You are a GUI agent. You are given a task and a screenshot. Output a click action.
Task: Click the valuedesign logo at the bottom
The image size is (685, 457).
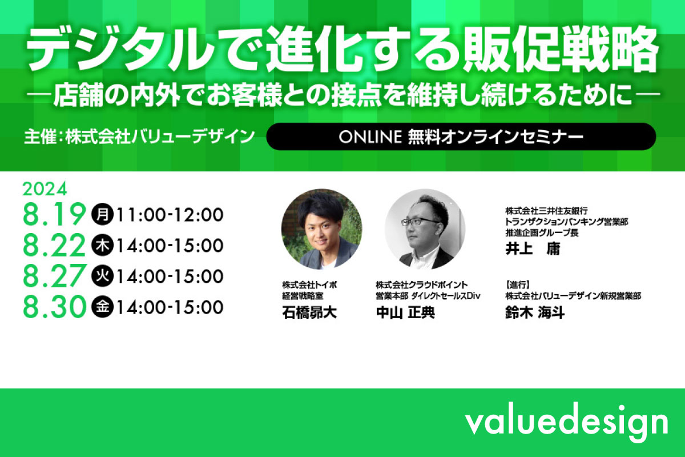click(566, 422)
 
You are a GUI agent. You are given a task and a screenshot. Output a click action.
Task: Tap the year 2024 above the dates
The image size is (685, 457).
click(45, 189)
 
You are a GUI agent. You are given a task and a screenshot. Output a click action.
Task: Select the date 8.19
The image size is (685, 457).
click(54, 214)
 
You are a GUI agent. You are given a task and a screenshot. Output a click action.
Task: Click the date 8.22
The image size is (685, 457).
click(54, 245)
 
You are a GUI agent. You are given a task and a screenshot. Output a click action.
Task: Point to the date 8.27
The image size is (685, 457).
click(54, 276)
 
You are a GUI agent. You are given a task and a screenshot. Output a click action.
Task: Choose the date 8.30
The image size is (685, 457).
click(54, 307)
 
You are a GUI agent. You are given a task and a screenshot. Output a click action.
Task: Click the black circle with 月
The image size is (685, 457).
click(102, 214)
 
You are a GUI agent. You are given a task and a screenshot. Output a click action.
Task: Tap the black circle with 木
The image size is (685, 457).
click(102, 245)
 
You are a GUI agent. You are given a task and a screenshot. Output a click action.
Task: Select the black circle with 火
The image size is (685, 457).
click(102, 276)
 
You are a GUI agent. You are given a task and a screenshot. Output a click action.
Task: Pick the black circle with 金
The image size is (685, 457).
click(102, 307)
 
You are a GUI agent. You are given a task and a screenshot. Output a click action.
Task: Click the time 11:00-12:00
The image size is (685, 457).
click(170, 215)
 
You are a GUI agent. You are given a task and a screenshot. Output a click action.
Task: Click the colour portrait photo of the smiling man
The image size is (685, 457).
click(321, 229)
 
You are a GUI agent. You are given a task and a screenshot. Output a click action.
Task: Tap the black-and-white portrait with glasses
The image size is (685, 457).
click(425, 229)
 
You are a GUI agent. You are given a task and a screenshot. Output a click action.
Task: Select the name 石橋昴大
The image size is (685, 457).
click(309, 312)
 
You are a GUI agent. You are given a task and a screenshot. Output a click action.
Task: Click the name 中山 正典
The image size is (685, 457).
click(405, 312)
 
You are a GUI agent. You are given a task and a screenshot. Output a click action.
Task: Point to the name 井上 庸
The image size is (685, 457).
click(533, 248)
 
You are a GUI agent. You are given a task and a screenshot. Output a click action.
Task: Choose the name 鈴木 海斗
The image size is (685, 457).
click(535, 312)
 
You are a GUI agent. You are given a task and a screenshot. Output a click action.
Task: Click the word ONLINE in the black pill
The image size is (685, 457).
click(370, 137)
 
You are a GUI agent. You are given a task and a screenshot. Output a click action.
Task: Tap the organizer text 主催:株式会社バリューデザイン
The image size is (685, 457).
click(139, 137)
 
